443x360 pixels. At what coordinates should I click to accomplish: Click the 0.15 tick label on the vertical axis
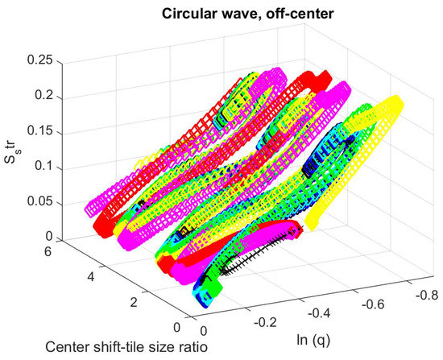pyautogui.click(x=46, y=132)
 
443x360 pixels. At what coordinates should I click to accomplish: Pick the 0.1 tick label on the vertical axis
pyautogui.click(x=50, y=167)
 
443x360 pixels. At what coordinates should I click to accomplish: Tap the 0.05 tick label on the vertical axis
pyautogui.click(x=46, y=202)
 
